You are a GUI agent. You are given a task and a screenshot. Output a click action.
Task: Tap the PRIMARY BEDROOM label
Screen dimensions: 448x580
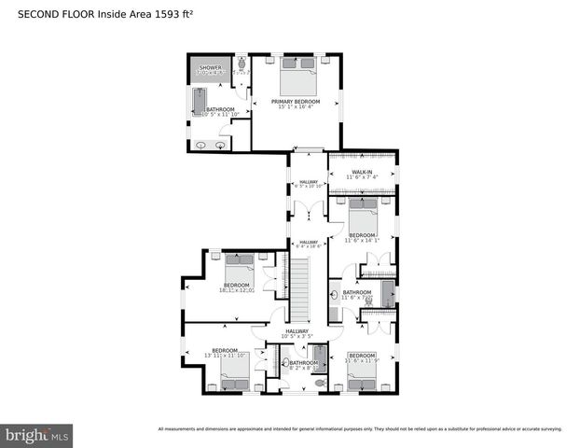click(296, 101)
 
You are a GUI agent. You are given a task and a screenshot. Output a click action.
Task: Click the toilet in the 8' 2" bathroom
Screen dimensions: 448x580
click(319, 382)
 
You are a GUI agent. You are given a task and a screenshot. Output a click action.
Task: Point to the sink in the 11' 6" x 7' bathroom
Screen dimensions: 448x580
click(335, 296)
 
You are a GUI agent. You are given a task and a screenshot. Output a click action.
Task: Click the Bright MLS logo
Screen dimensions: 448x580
click(37, 435)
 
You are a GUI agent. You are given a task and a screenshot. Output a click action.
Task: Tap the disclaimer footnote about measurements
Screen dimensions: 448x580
click(360, 429)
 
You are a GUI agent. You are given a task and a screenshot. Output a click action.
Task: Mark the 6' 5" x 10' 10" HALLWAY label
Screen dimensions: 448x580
click(308, 182)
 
